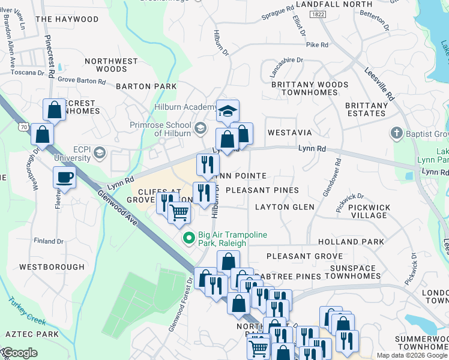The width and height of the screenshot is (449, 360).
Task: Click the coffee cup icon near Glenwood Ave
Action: pos(65,178)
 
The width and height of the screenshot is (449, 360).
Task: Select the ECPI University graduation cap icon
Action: pos(100,154)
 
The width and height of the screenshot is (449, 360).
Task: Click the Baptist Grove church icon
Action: pos(396,133)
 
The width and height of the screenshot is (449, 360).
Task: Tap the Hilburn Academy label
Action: pos(183,107)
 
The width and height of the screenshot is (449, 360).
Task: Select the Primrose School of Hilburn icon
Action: pos(200,127)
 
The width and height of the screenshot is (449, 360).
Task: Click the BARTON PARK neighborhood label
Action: pos(146,86)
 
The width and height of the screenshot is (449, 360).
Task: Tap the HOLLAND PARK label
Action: pos(359,242)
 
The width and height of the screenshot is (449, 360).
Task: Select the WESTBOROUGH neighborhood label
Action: pos(52,266)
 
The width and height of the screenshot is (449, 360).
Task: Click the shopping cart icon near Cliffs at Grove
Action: pos(179,212)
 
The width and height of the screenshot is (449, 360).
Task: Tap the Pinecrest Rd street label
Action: pos(50,57)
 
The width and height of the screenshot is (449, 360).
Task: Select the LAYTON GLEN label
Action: pos(285,207)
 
